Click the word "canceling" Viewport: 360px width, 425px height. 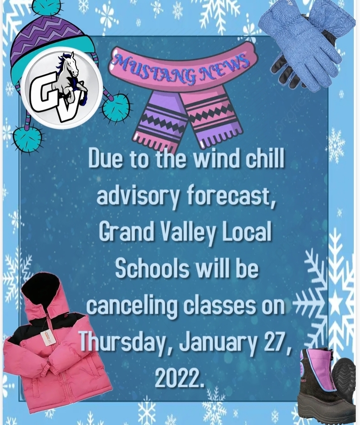pyautogui.click(x=132, y=306)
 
